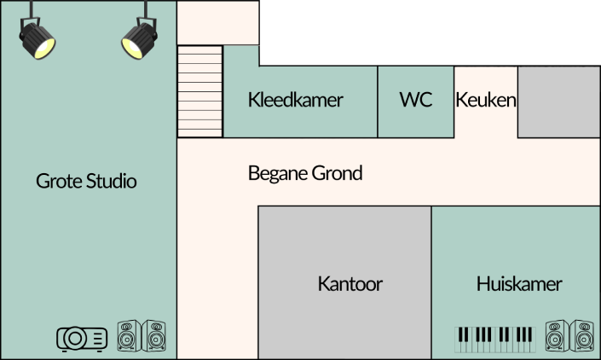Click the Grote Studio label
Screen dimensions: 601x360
pos(86,181)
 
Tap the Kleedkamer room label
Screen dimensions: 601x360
pos(296,100)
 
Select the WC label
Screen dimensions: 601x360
pos(416,100)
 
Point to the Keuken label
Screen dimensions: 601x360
pos(486,100)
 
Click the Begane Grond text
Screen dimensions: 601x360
pos(305,173)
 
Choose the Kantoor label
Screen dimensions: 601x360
pos(350,284)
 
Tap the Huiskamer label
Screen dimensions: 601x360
pos(519,284)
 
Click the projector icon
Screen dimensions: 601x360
pos(82,339)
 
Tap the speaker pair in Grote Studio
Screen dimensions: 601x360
pos(142,336)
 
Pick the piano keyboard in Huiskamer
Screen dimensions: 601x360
pos(495,340)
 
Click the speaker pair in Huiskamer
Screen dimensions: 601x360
pos(569,336)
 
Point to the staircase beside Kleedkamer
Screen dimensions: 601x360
pos(199,91)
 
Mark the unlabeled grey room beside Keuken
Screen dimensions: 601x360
pos(559,102)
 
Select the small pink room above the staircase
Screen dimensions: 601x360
pos(217,23)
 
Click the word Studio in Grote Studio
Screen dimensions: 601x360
pos(111,181)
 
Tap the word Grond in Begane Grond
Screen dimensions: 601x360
pos(337,173)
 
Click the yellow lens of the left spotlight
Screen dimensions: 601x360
pos(44,49)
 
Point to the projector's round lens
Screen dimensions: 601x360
pos(75,339)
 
